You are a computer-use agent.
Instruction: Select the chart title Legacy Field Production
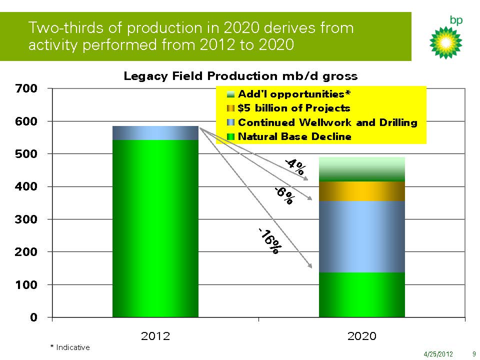coord(240,76)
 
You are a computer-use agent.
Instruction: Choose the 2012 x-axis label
coord(155,336)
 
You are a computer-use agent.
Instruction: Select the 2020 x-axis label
coord(362,336)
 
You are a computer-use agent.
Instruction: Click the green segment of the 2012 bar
coord(155,228)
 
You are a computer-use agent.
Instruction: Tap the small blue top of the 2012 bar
coord(155,133)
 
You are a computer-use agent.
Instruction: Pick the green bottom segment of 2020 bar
coord(362,295)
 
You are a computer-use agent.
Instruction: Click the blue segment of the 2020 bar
coord(362,236)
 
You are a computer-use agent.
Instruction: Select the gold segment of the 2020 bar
coord(362,191)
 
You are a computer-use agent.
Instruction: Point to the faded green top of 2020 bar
coord(362,169)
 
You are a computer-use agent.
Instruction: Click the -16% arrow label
coord(269,241)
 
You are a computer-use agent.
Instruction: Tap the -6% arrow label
coord(284,195)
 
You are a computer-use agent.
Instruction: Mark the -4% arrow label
coord(294,166)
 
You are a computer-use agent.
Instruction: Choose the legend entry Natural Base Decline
coord(294,136)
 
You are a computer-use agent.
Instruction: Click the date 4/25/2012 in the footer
coord(438,354)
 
